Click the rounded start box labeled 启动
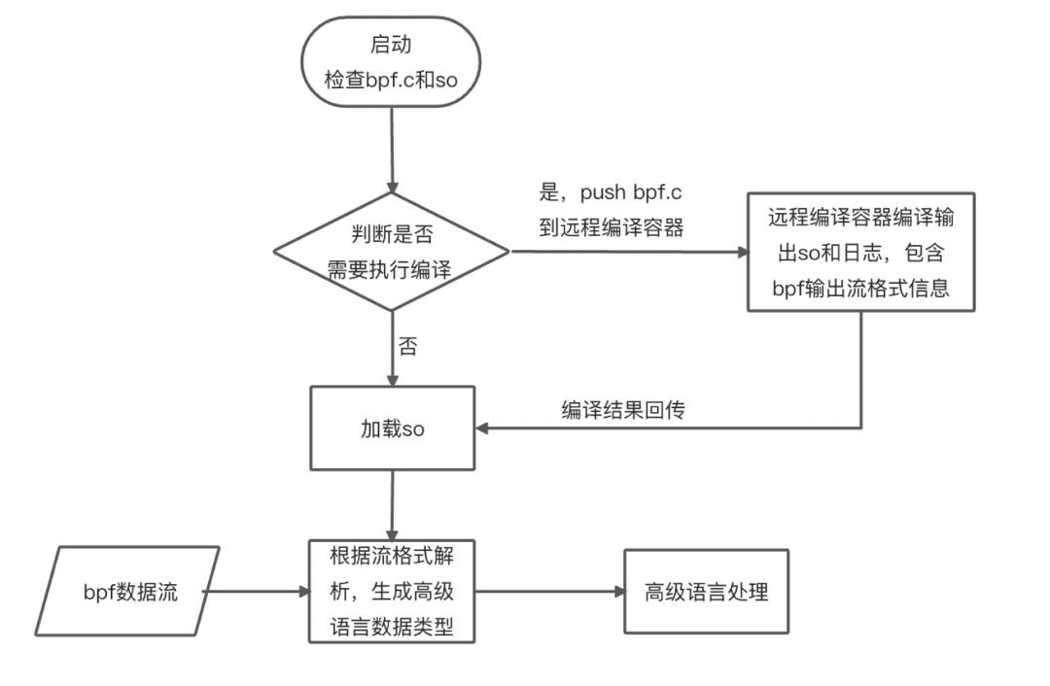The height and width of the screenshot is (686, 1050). (391, 61)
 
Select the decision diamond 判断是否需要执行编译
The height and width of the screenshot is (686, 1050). (391, 252)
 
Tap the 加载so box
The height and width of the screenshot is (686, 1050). (392, 428)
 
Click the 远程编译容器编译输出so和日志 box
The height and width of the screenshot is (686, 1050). (860, 252)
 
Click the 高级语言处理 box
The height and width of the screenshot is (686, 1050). (706, 591)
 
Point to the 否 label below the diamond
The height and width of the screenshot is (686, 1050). (408, 347)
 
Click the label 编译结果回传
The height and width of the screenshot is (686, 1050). (622, 409)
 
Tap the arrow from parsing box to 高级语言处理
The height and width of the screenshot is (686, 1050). (549, 591)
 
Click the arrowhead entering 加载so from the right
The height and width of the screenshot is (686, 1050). (482, 428)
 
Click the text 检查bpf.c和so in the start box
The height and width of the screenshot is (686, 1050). (391, 80)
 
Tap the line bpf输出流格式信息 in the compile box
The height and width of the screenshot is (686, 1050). (860, 289)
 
